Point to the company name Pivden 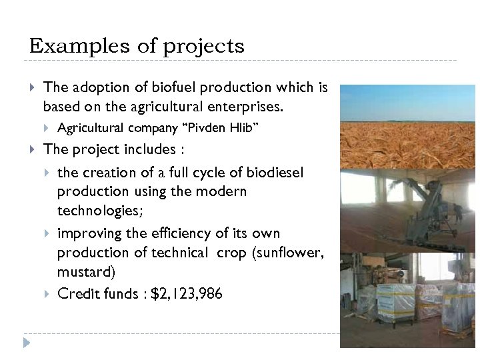(213, 127)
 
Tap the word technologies (99, 210)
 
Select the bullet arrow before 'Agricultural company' (47, 128)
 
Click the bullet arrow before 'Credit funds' (47, 294)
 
